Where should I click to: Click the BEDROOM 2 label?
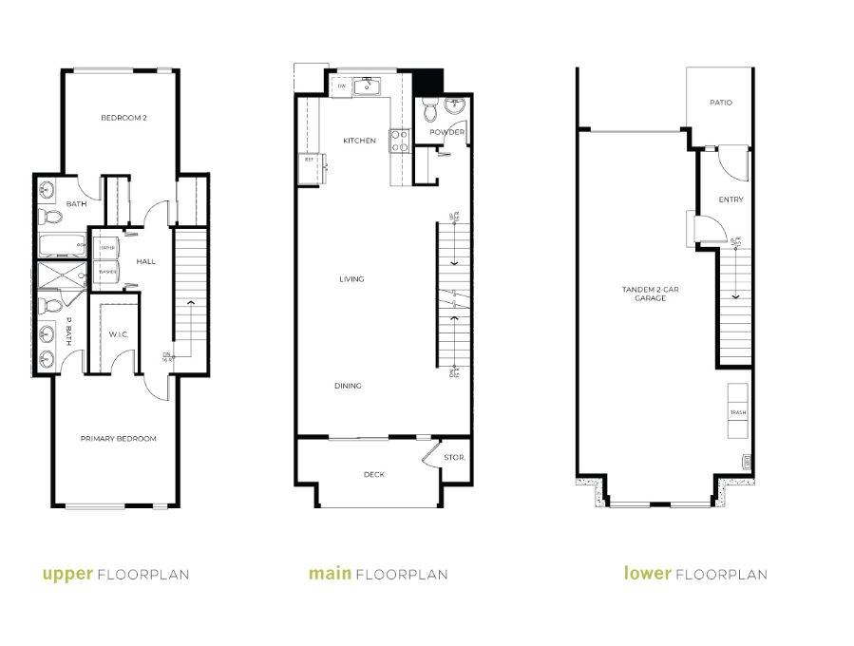pos(123,118)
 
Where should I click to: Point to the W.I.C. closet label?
pos(118,333)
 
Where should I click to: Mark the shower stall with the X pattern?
pos(60,276)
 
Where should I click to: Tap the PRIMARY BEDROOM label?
pos(118,438)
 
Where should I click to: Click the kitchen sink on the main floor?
pos(367,87)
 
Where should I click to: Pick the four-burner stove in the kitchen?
pos(400,141)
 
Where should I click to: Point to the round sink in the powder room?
pos(454,105)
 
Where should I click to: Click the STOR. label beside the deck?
pos(454,458)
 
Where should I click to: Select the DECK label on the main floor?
pos(374,474)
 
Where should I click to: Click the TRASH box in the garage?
pos(738,411)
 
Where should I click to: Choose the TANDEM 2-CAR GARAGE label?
pos(643,294)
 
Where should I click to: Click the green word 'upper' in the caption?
pos(67,574)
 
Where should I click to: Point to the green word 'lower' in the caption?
pos(648,574)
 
